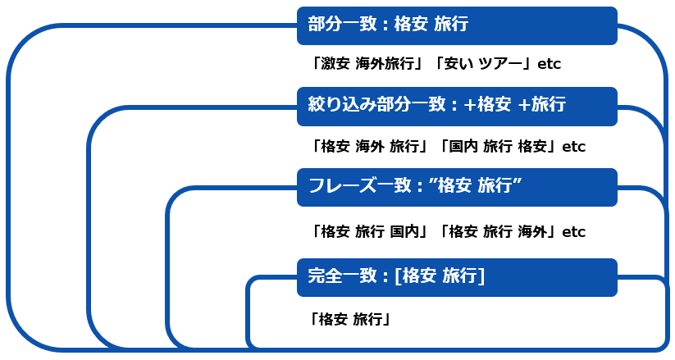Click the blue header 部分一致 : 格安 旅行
pos(456,25)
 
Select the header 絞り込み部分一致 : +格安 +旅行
pos(456,106)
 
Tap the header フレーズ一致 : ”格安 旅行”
pos(456,187)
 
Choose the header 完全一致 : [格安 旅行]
pos(456,277)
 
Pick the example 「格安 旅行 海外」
pos(499,231)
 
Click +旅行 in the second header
pos(542,105)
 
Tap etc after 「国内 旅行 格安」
pos(573,148)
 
